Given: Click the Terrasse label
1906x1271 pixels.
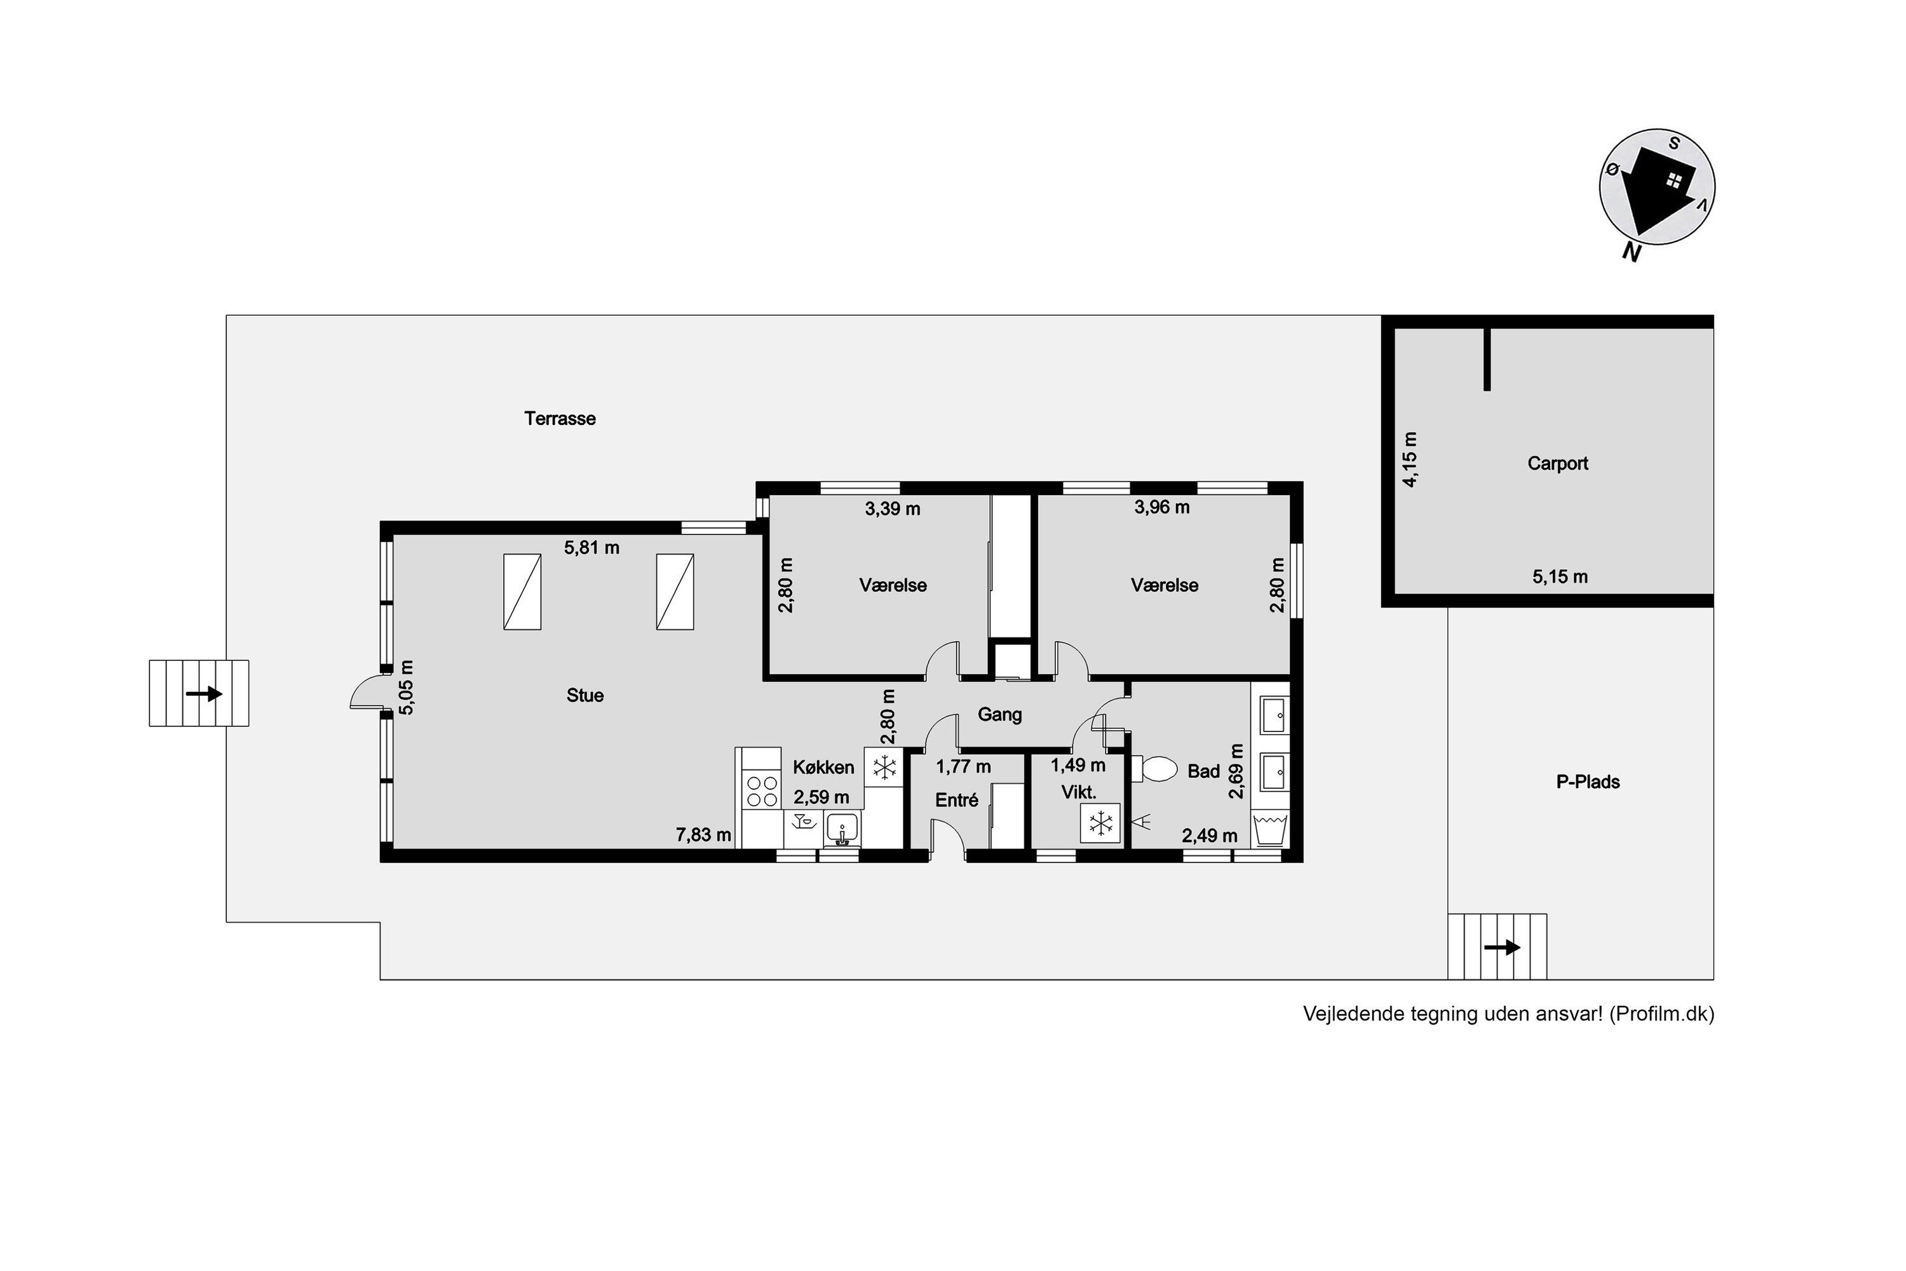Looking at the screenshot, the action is [x=559, y=418].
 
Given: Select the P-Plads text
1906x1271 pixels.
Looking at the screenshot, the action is [x=1588, y=782].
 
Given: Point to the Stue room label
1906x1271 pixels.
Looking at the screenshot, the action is [x=585, y=695].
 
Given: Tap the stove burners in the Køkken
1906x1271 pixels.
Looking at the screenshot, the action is [x=762, y=791].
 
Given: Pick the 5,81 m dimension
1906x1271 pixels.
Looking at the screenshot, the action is [x=591, y=548].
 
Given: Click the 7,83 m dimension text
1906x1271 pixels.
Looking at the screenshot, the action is [x=703, y=834].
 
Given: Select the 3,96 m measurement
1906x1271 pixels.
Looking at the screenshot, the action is [x=1161, y=507].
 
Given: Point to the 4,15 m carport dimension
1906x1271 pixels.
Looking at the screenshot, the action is [x=1410, y=459].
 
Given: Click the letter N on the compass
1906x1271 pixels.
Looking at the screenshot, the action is [x=1632, y=252].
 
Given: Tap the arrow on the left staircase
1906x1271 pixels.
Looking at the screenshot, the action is [x=203, y=694].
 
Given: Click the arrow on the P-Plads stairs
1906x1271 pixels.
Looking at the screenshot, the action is [x=1502, y=947].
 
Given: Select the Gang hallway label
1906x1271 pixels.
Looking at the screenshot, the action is [x=999, y=714].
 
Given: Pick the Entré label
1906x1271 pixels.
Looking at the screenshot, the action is [x=956, y=800].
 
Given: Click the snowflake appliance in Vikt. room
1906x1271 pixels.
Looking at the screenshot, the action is [x=1100, y=824].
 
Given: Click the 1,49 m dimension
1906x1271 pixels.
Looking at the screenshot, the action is [x=1078, y=765].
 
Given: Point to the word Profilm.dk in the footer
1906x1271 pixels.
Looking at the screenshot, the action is [x=1661, y=1014].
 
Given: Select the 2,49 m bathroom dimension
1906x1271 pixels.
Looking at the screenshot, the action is [x=1209, y=836].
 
